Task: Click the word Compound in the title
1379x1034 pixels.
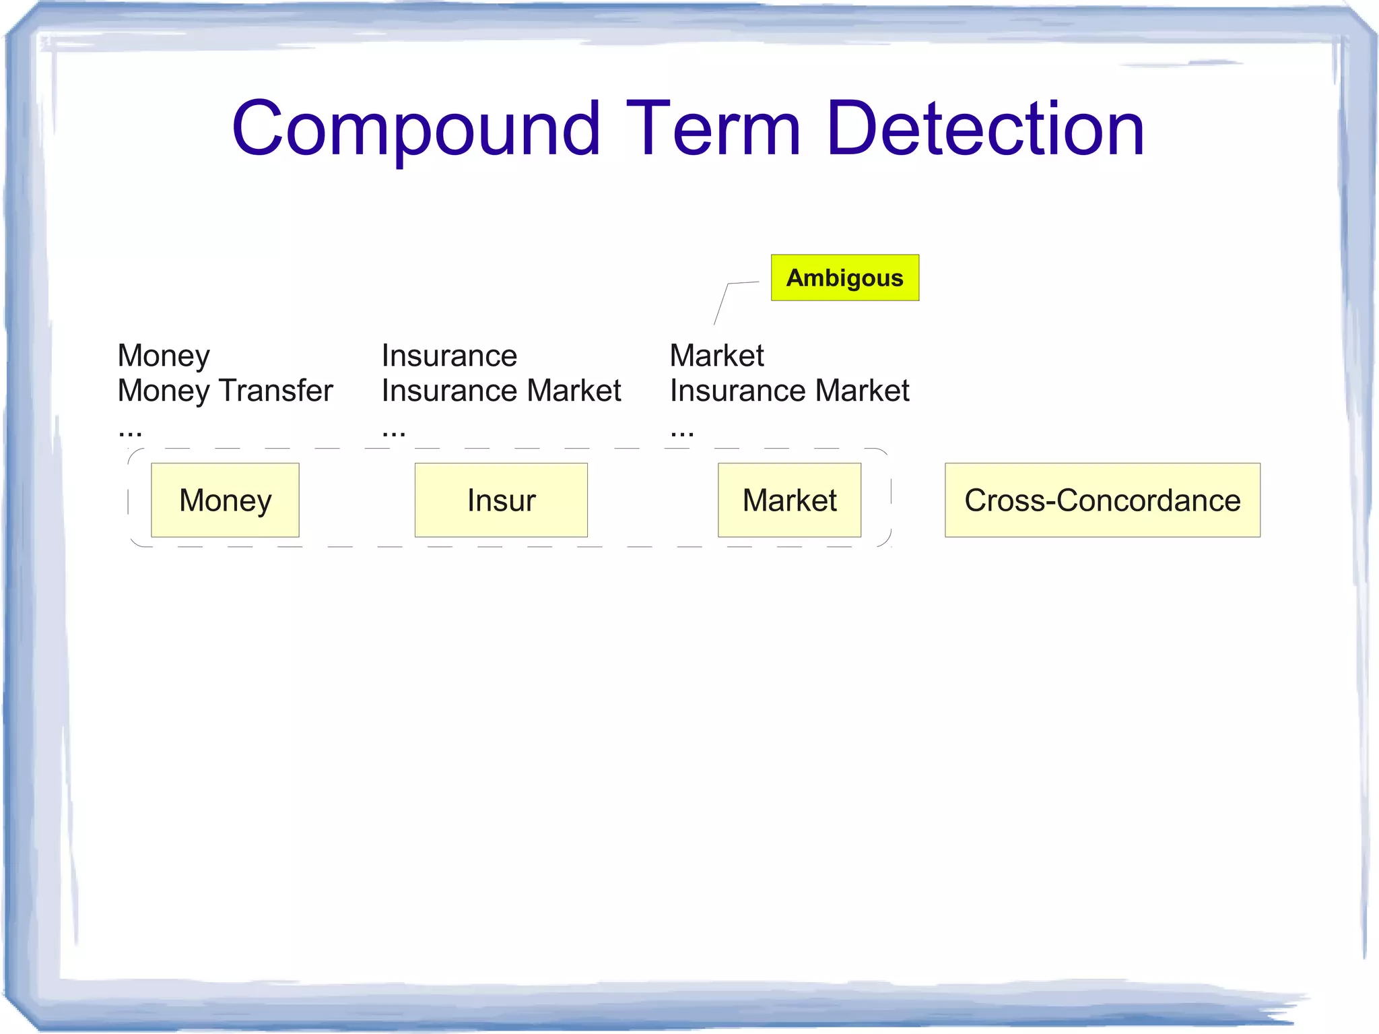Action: pyautogui.click(x=415, y=129)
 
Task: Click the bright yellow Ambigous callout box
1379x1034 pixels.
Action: pyautogui.click(x=844, y=278)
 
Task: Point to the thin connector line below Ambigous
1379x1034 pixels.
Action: pyautogui.click(x=722, y=303)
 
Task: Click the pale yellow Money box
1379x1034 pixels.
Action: pyautogui.click(x=225, y=500)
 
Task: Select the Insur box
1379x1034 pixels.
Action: pyautogui.click(x=501, y=500)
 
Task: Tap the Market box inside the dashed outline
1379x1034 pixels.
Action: pyautogui.click(x=789, y=500)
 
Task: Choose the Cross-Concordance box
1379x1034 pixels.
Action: pyautogui.click(x=1102, y=500)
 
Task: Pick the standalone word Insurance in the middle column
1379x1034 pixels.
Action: pyautogui.click(x=449, y=356)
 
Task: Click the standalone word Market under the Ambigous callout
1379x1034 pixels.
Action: pyautogui.click(x=716, y=356)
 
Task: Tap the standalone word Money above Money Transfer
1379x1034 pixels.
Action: pyautogui.click(x=164, y=356)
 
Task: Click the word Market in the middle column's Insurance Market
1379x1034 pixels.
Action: pyautogui.click(x=574, y=391)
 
